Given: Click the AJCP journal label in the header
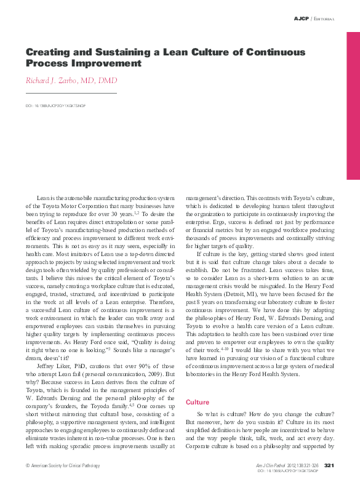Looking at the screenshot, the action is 302,19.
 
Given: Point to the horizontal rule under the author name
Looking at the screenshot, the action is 71,93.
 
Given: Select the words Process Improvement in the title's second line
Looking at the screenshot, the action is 83,63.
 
